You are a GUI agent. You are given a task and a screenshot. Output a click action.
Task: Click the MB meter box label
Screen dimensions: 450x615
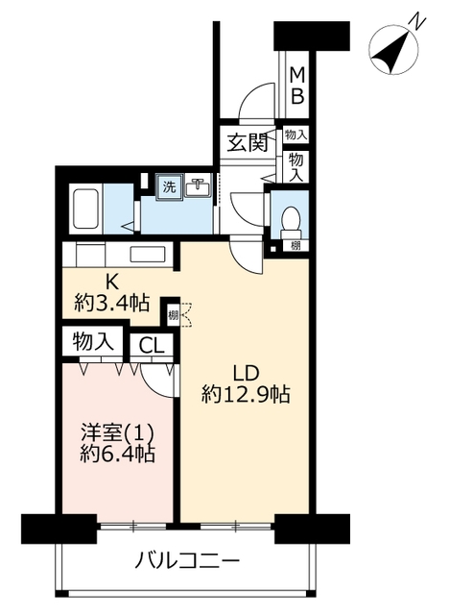click(x=296, y=86)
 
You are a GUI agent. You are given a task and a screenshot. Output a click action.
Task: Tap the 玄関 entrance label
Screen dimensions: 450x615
click(x=248, y=142)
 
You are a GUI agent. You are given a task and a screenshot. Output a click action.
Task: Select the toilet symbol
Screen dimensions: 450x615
click(x=291, y=222)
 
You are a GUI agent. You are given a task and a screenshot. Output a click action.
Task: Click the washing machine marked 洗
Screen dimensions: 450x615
click(x=169, y=186)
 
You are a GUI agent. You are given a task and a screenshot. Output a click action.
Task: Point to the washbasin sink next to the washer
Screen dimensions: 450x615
click(x=199, y=186)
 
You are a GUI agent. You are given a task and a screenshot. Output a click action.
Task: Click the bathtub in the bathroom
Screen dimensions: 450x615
click(x=85, y=209)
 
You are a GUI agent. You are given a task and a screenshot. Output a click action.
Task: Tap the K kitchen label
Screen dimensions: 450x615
click(x=112, y=282)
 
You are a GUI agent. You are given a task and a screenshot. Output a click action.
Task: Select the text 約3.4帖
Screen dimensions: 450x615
click(x=112, y=304)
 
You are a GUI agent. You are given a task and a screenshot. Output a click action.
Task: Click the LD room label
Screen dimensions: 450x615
click(x=246, y=373)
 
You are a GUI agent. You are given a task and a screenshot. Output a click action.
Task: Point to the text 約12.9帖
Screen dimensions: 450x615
click(x=246, y=394)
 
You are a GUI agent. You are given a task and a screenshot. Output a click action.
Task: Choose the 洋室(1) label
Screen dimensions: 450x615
click(x=117, y=433)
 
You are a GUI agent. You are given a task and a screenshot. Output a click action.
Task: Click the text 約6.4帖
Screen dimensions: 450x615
click(x=117, y=455)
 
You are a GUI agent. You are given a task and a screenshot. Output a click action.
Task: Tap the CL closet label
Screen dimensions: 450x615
click(x=152, y=346)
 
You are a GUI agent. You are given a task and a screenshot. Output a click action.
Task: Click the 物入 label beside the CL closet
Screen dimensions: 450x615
click(x=93, y=341)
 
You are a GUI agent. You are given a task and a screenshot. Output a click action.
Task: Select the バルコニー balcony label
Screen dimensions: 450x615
click(x=187, y=561)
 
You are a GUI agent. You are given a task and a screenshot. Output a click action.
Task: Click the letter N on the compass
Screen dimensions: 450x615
click(x=418, y=22)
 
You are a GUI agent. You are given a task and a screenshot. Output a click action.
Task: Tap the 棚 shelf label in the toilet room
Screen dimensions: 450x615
click(x=296, y=246)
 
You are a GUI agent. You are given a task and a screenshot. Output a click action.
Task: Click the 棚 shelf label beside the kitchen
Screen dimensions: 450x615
click(x=173, y=315)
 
